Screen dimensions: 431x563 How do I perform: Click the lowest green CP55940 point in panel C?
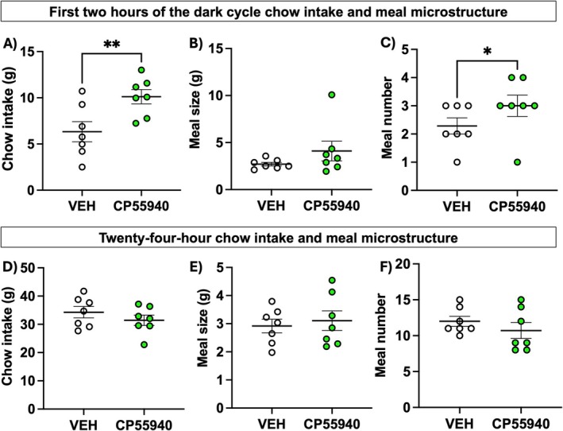click(519, 161)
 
